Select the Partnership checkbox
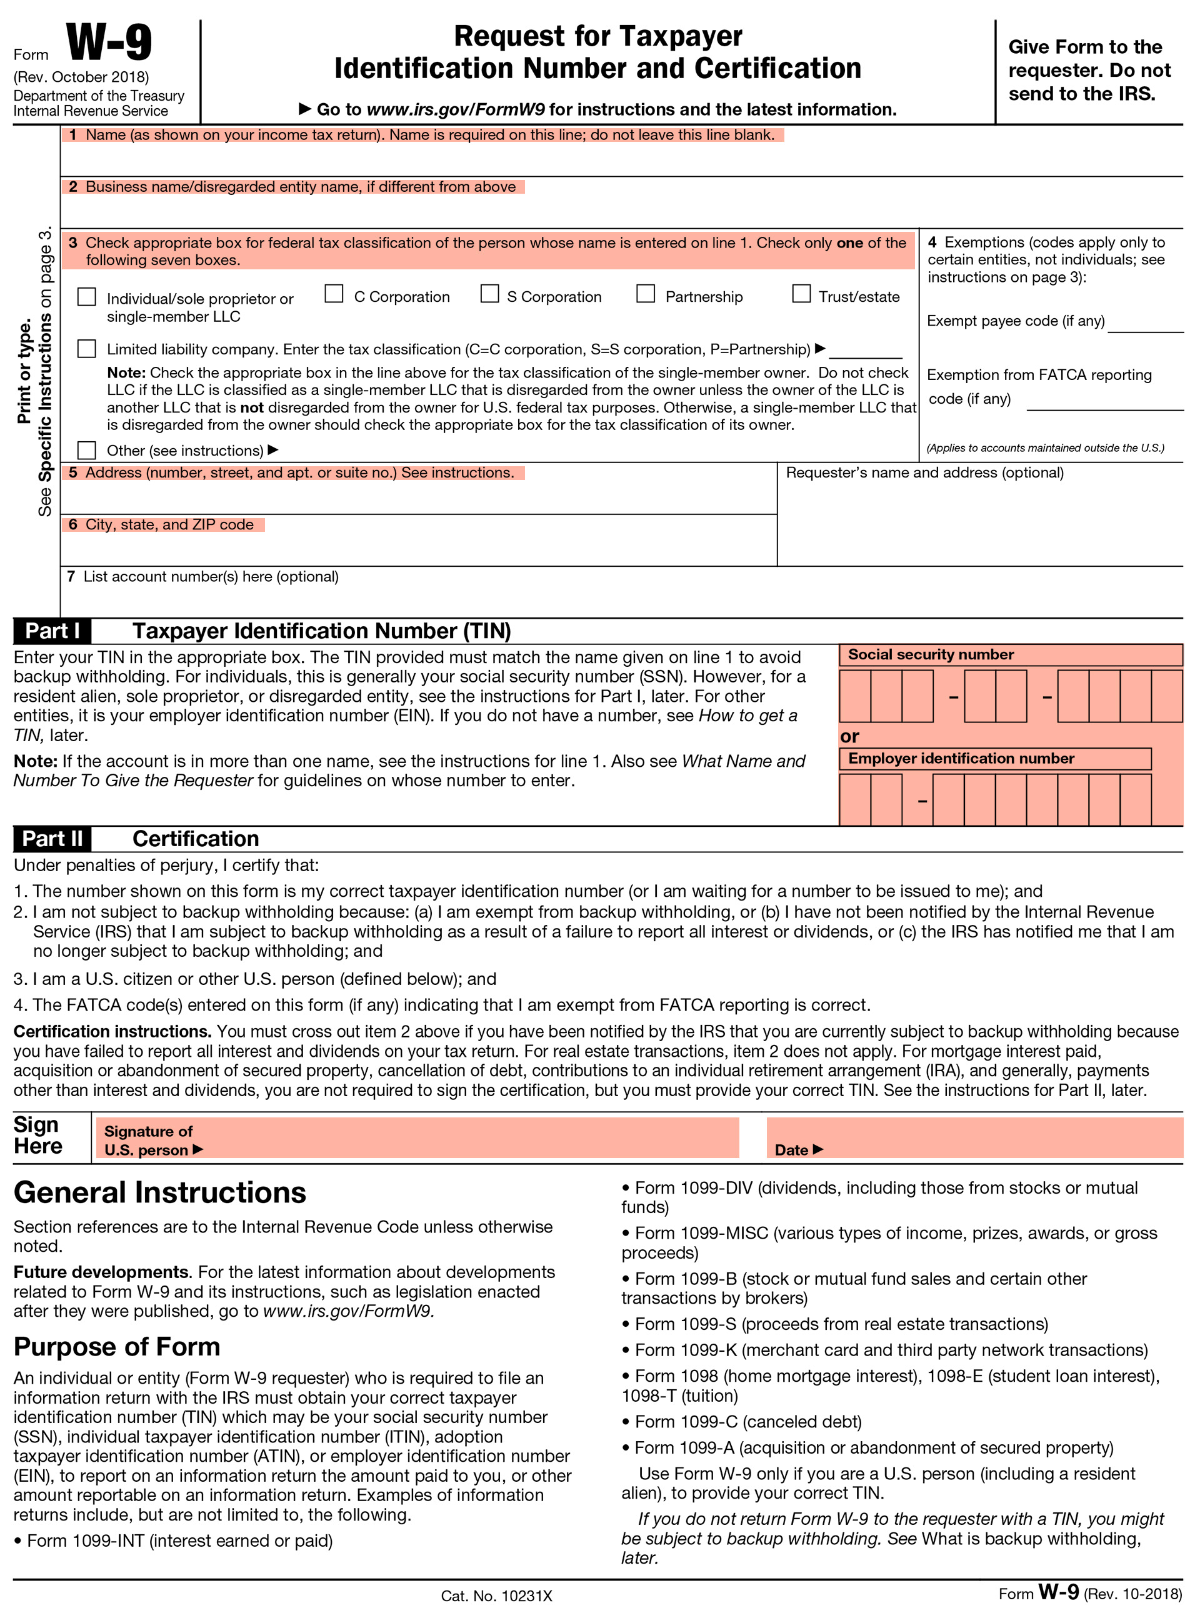[x=646, y=294]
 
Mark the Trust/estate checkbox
[x=801, y=294]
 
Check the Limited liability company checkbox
[x=87, y=349]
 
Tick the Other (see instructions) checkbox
[x=87, y=451]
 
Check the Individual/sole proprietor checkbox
[x=87, y=297]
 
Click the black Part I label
[x=52, y=631]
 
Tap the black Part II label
[x=52, y=839]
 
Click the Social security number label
[x=931, y=654]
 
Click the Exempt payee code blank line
[x=1146, y=323]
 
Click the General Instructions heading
[x=160, y=1193]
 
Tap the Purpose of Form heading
[x=117, y=1347]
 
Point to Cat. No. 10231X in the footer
[x=496, y=1596]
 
